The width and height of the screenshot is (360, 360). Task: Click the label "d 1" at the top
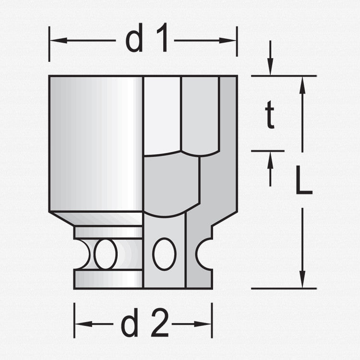click(x=146, y=41)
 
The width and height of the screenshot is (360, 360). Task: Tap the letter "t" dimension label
click(x=270, y=117)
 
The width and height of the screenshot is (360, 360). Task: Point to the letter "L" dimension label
click(x=303, y=180)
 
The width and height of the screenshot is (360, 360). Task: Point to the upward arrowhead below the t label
click(x=270, y=159)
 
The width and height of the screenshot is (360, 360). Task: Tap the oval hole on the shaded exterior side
click(x=106, y=253)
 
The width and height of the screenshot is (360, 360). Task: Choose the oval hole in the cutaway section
click(x=164, y=253)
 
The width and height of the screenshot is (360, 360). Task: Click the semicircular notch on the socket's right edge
click(x=204, y=253)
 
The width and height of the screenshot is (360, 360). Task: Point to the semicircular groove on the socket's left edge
click(x=83, y=253)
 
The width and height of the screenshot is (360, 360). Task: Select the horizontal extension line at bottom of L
click(x=283, y=288)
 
